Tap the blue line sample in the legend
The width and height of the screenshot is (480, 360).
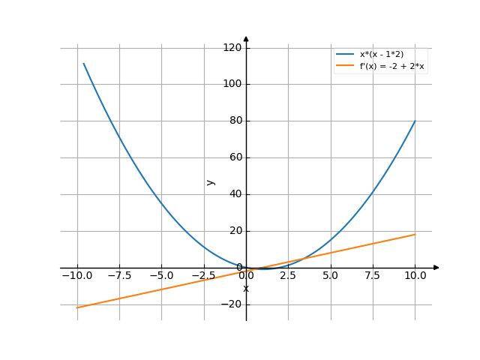tap(345, 55)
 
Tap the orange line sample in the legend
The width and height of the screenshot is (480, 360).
tap(345, 66)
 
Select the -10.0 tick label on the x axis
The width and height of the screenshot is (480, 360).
tap(76, 275)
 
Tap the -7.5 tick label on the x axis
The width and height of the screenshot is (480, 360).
tap(119, 275)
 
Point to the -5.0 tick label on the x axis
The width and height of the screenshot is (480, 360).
tap(161, 275)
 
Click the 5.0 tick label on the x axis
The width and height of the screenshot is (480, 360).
tap(331, 275)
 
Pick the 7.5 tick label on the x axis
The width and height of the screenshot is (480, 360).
tap(373, 275)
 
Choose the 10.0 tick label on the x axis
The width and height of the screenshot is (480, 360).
tap(415, 275)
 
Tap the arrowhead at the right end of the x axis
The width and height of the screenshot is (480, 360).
tap(437, 268)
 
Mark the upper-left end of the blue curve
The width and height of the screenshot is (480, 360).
tap(83, 63)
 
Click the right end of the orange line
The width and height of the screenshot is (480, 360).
tap(415, 234)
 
